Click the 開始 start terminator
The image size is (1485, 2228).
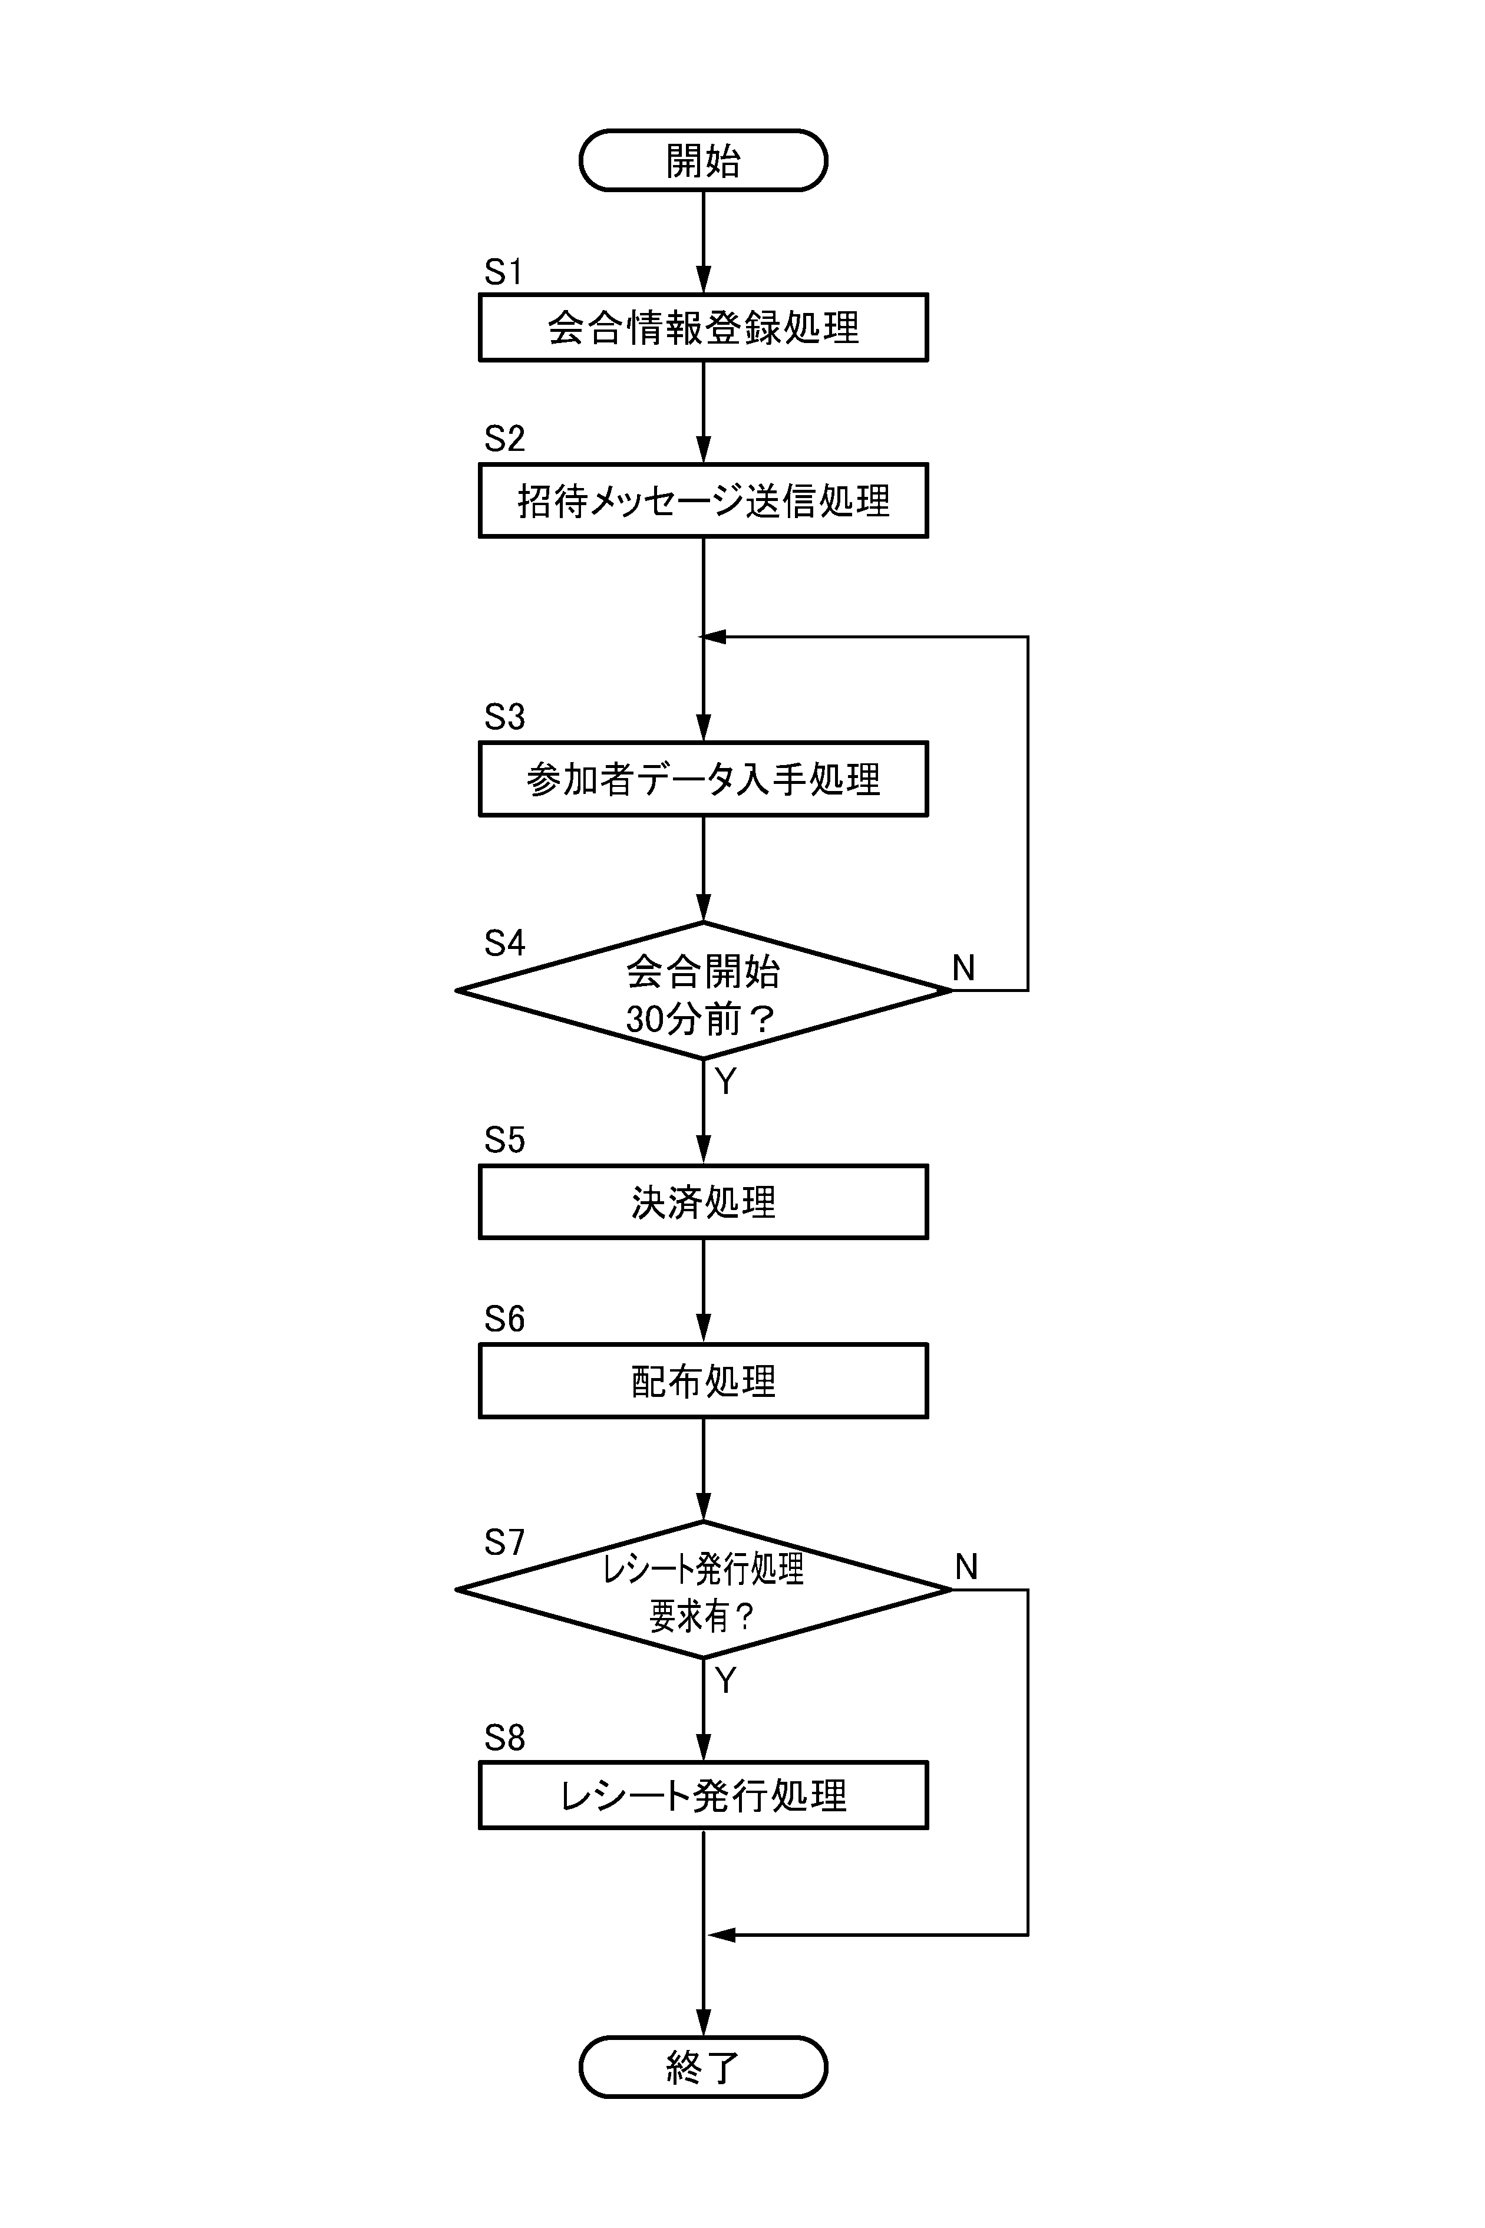tap(702, 160)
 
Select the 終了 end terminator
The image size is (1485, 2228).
tap(702, 2067)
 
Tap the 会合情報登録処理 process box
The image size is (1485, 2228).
tap(702, 328)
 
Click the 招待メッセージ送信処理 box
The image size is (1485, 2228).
tap(702, 500)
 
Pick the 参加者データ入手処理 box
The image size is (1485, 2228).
tap(702, 779)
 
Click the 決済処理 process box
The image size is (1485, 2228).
tap(702, 1201)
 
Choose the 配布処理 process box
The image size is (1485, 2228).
tap(702, 1380)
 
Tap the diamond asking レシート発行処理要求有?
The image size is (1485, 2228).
tap(702, 1590)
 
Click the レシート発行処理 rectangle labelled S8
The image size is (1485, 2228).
tap(702, 1795)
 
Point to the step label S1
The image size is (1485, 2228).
tap(504, 273)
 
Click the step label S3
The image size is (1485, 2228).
tap(504, 717)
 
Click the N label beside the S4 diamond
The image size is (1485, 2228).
tap(963, 968)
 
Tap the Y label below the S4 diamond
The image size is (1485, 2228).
tap(725, 1081)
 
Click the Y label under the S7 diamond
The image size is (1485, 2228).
tap(725, 1680)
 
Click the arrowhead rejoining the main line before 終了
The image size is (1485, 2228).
tap(720, 1934)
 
